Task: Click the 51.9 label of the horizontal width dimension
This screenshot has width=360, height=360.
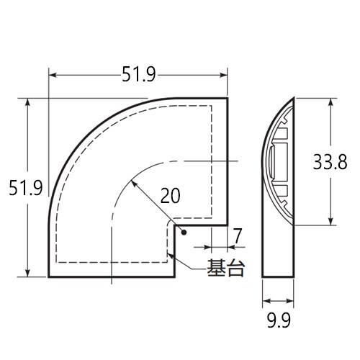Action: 138,72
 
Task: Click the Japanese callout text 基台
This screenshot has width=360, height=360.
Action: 224,269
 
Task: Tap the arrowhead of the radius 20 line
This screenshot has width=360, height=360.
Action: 134,182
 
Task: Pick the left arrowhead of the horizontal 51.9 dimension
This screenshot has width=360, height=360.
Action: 51,73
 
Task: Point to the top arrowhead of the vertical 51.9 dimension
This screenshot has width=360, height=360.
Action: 28,102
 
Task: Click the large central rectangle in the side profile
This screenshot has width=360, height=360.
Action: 277,161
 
